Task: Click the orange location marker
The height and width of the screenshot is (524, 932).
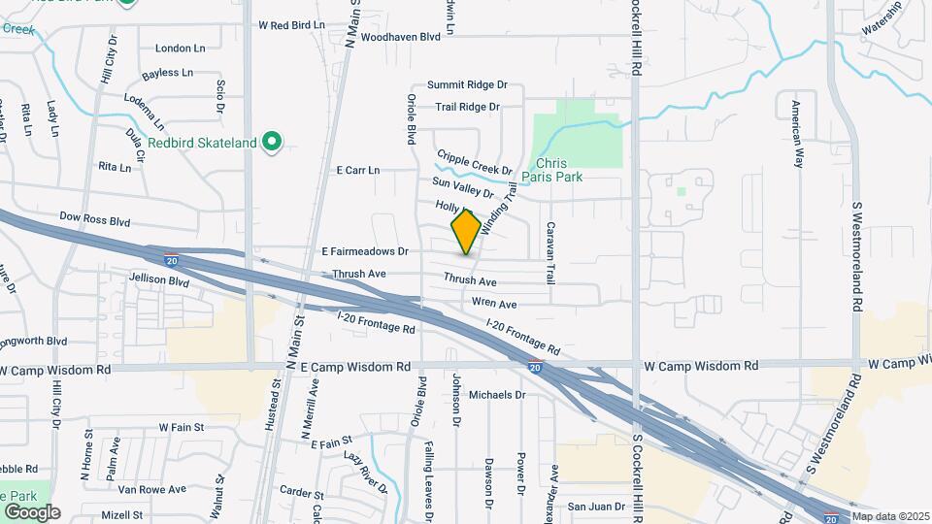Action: point(466,232)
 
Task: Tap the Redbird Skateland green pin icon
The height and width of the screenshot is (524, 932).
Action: point(273,143)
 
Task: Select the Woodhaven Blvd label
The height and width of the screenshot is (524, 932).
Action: point(401,37)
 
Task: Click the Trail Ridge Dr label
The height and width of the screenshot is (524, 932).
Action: point(467,107)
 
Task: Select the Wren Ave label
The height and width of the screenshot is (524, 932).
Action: point(493,304)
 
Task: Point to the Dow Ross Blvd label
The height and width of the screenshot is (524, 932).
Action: point(94,220)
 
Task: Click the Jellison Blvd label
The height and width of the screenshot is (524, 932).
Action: point(158,280)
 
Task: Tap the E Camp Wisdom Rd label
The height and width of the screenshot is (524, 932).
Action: point(355,368)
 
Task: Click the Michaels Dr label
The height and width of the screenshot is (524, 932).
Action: point(496,395)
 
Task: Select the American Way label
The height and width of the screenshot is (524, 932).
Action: point(797,134)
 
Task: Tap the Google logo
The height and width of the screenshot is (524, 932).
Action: point(32,511)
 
